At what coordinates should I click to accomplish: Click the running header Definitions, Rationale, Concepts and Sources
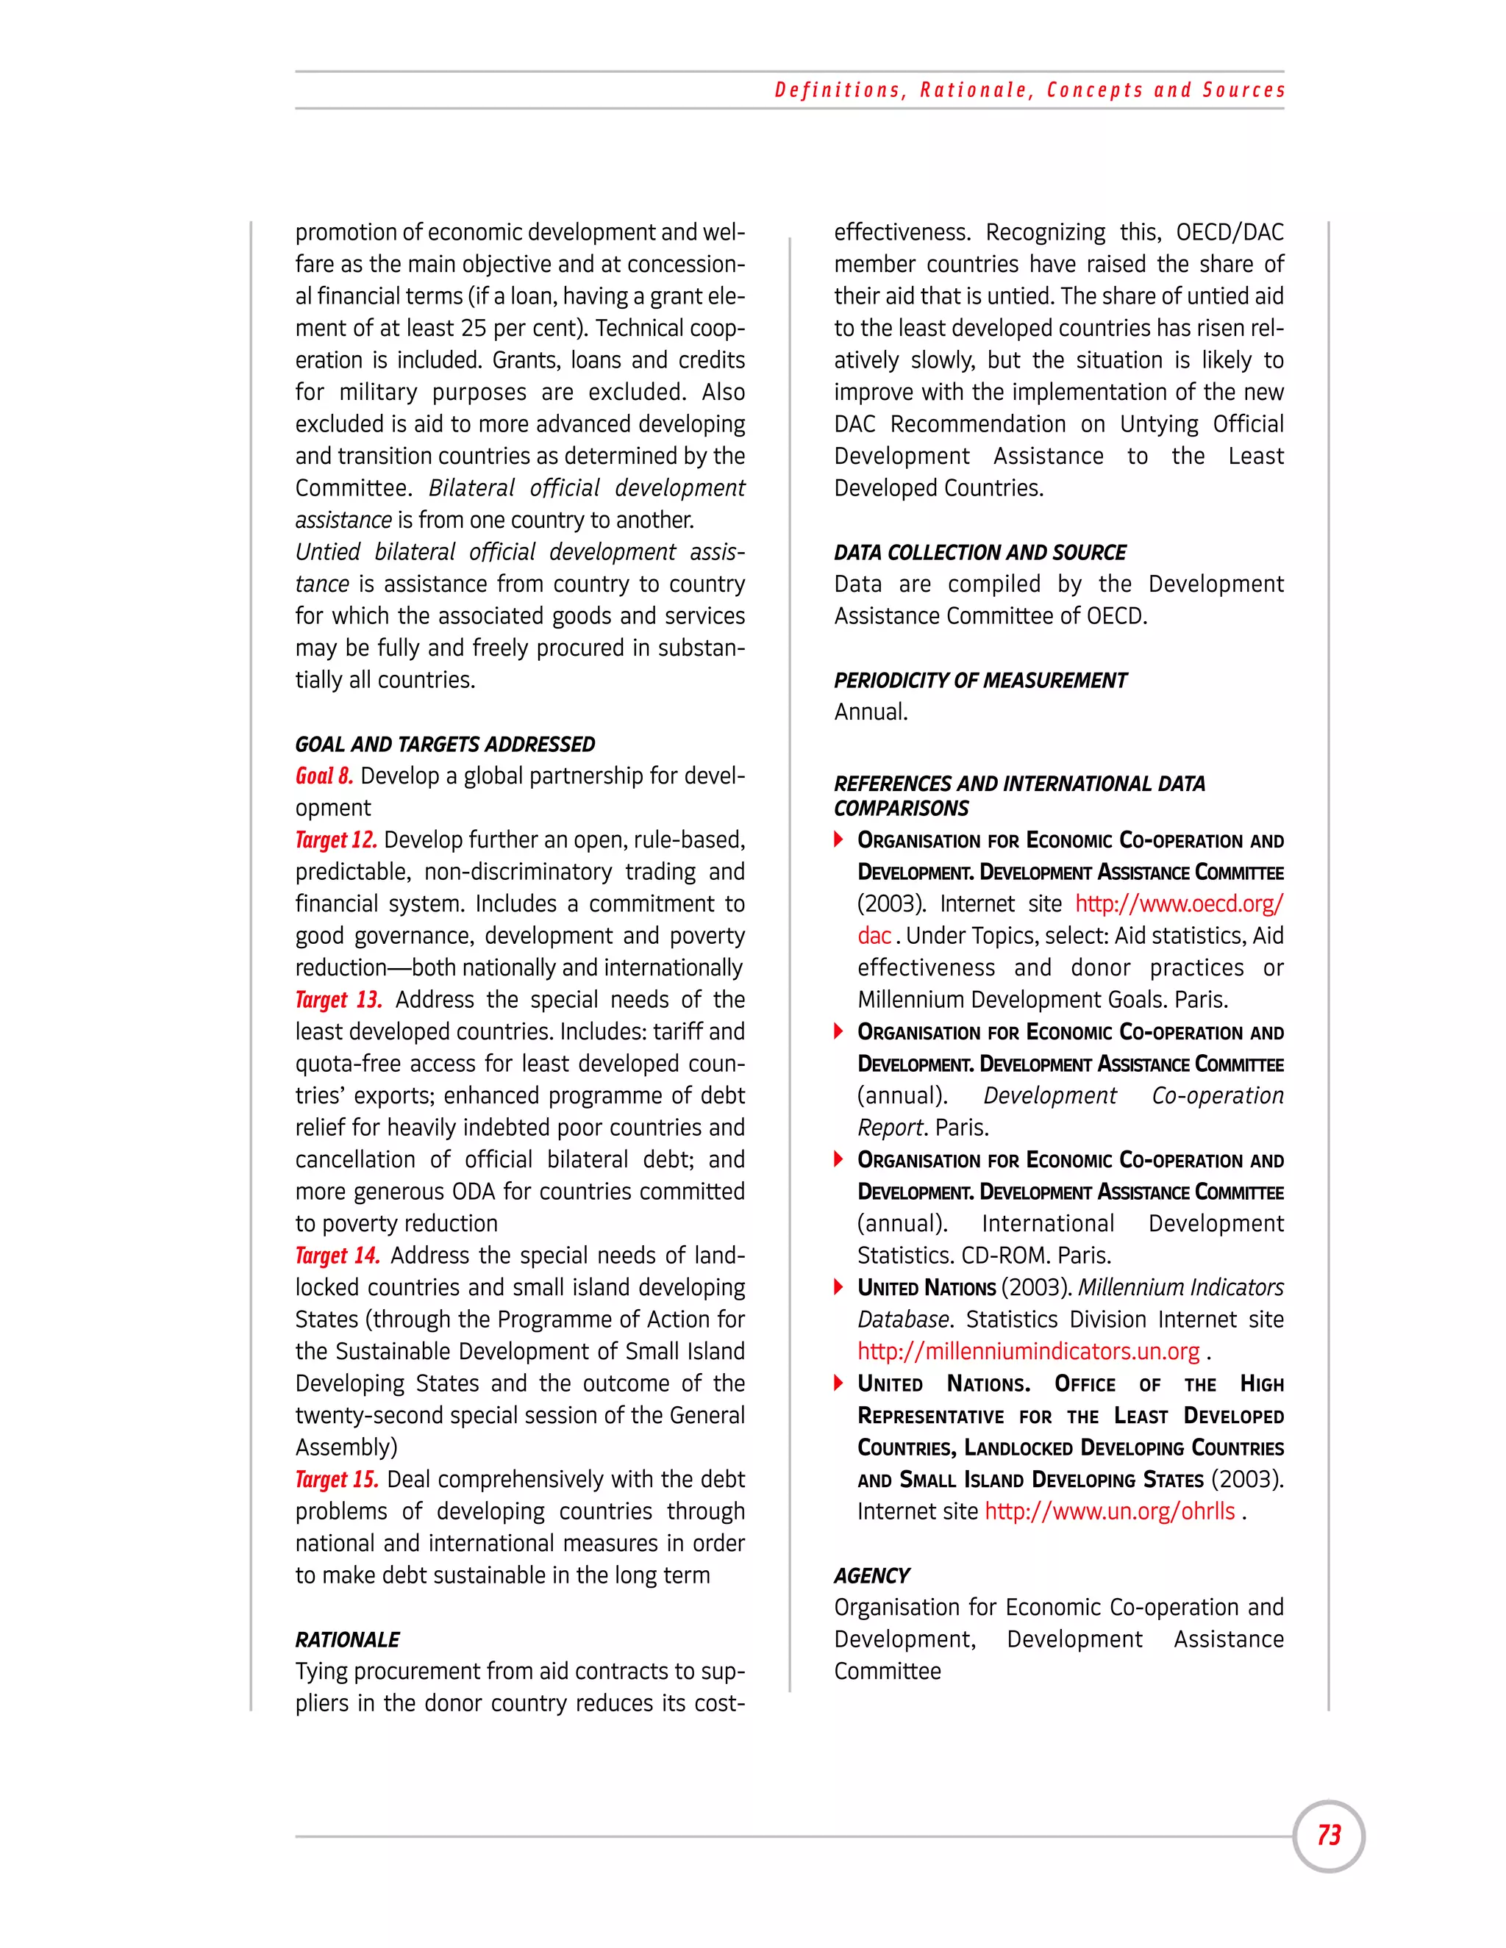click(1029, 90)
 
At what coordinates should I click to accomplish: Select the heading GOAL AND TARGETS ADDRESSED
click(444, 744)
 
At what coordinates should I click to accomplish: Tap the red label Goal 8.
click(324, 776)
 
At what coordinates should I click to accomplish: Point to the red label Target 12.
click(335, 840)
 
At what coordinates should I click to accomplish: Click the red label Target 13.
click(338, 1000)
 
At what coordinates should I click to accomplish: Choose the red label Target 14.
click(338, 1256)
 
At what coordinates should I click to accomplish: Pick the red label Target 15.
click(336, 1480)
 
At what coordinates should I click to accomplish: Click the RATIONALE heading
click(347, 1639)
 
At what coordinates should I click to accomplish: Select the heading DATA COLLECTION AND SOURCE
click(979, 552)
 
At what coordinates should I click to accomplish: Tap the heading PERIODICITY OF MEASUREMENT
click(979, 681)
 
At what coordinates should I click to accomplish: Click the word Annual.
click(870, 712)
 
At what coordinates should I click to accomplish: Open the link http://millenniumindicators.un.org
click(1028, 1351)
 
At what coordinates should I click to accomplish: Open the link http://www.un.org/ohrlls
click(1109, 1512)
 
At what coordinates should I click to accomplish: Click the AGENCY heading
click(871, 1576)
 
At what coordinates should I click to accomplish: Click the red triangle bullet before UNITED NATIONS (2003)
click(838, 1287)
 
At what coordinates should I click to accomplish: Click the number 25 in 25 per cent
click(474, 329)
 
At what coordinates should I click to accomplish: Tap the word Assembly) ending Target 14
click(346, 1447)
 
